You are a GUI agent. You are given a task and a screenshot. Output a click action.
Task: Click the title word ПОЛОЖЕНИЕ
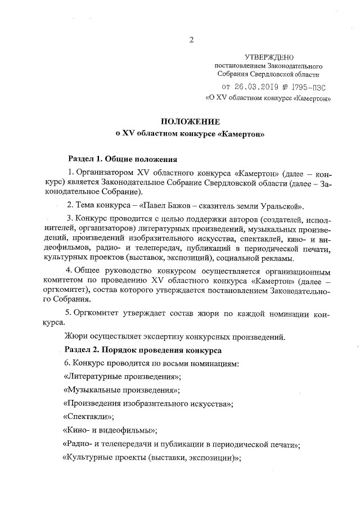[x=190, y=121]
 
